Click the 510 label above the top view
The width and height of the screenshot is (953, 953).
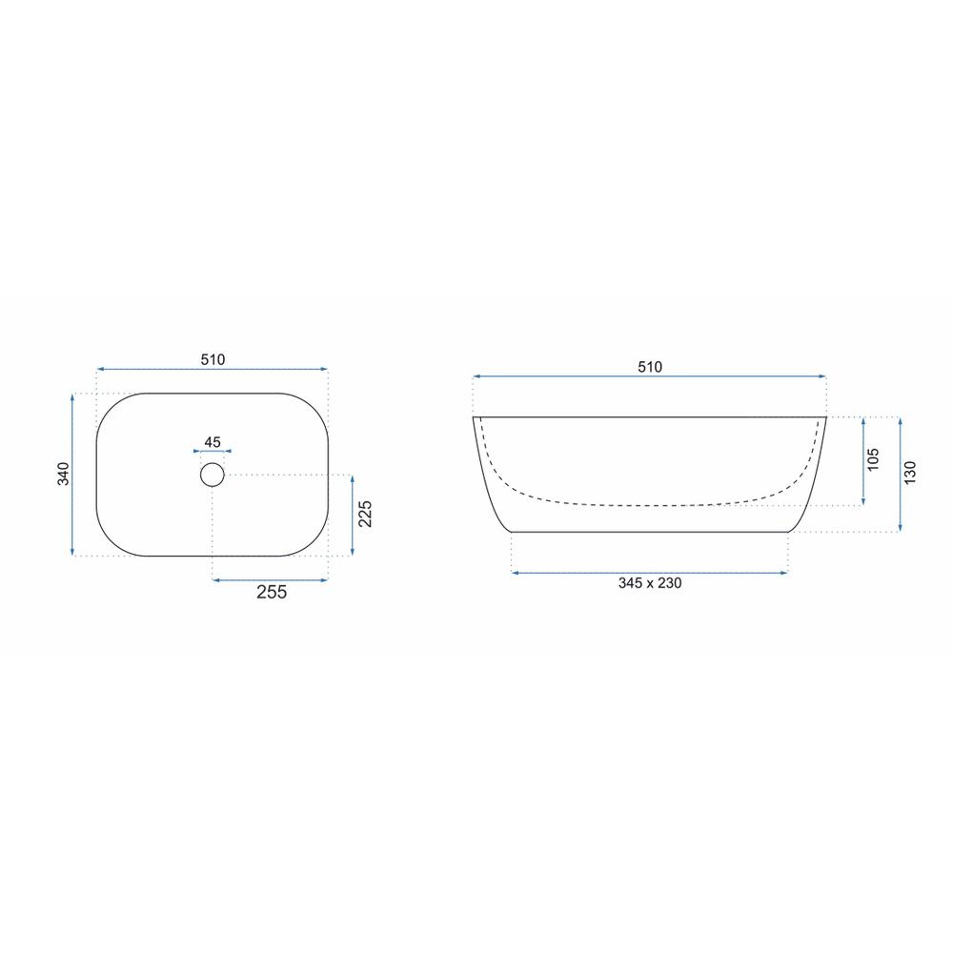tap(213, 360)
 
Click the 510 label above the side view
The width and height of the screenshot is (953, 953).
tap(650, 367)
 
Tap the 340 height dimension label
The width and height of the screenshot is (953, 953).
tap(63, 474)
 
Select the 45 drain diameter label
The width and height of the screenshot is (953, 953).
tap(213, 442)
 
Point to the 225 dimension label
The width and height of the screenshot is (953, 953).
tap(365, 514)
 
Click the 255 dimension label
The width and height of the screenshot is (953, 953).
tap(271, 592)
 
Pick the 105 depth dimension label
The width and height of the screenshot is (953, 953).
tap(873, 459)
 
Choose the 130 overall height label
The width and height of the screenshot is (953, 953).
tap(909, 473)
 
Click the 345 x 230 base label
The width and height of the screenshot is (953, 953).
tap(650, 583)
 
